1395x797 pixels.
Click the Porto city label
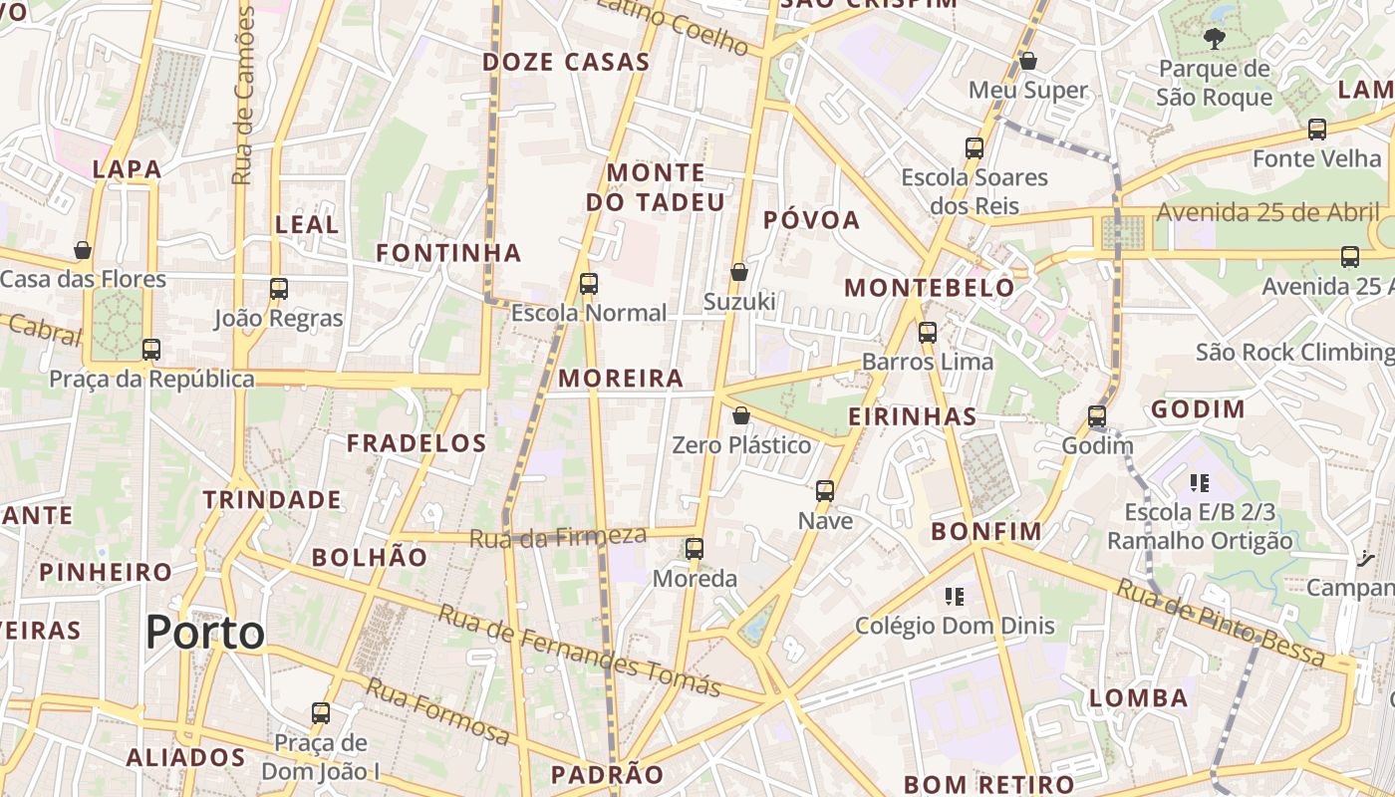(x=205, y=633)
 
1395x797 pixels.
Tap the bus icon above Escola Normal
(x=589, y=284)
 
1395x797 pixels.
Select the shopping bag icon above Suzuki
(x=739, y=272)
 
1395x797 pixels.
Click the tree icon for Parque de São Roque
(x=1214, y=39)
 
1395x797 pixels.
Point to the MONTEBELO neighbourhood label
(x=929, y=288)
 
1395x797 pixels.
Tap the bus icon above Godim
(x=1097, y=416)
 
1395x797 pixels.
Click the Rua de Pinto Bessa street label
(x=1220, y=624)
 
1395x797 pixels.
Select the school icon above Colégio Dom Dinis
(x=955, y=597)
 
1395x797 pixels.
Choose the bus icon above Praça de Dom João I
(x=320, y=713)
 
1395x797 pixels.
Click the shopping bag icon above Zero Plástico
(x=740, y=415)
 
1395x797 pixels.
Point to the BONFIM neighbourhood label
(x=986, y=531)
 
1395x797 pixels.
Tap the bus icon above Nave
(x=825, y=491)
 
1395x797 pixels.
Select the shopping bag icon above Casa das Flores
(x=83, y=249)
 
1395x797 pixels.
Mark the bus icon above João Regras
(x=279, y=289)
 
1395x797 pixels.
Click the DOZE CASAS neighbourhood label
(x=566, y=62)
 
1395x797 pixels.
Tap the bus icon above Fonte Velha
(x=1317, y=129)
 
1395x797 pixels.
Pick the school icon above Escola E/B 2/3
(x=1200, y=483)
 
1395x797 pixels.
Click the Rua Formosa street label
(x=438, y=710)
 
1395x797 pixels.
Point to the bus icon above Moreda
(x=695, y=549)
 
